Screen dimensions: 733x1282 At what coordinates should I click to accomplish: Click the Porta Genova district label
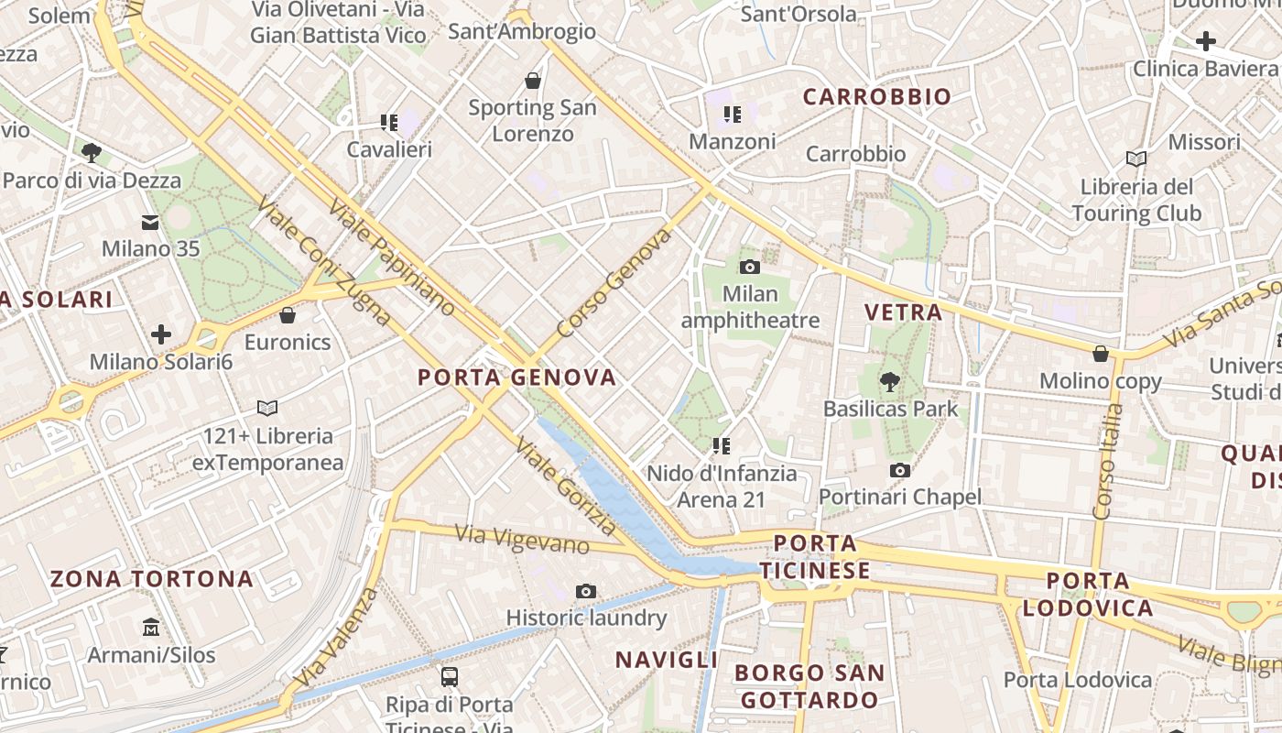517,377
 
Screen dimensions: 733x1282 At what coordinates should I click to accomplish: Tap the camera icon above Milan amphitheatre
750,267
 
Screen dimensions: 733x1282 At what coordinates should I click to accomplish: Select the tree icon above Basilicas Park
889,381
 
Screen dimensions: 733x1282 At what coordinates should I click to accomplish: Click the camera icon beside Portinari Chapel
900,470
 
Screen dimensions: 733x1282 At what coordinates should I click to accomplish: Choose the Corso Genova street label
613,283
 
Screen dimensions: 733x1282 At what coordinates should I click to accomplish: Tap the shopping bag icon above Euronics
288,315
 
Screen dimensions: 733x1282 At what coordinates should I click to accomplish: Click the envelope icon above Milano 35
150,222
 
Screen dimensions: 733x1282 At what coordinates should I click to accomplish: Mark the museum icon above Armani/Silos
151,628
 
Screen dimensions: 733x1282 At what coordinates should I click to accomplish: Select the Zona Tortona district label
152,579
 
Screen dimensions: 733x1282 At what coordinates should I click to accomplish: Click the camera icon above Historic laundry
586,591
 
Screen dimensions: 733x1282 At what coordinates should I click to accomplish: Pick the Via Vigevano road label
522,538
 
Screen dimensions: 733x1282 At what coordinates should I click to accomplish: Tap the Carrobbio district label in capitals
877,97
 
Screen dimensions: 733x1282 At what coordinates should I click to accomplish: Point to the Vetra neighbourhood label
904,312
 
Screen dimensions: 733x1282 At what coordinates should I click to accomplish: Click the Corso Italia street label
1105,463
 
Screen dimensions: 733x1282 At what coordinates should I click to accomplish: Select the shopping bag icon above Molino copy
1101,354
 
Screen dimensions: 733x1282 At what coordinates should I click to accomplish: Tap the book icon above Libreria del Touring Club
1136,159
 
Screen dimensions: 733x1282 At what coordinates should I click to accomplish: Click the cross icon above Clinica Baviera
1206,41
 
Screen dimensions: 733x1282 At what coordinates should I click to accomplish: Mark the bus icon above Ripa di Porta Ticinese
450,677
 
